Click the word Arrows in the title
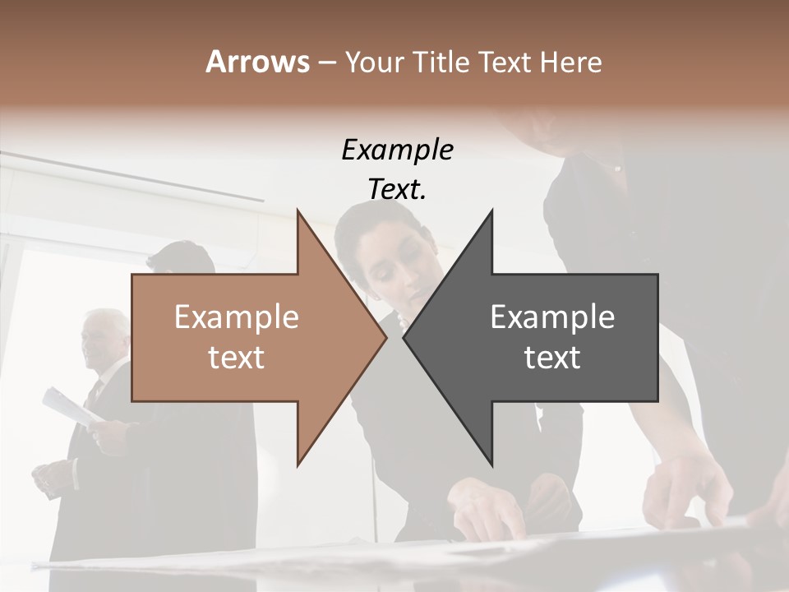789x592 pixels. click(257, 62)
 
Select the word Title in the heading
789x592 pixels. click(441, 62)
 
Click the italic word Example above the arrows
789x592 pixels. click(398, 150)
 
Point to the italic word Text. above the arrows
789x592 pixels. click(398, 189)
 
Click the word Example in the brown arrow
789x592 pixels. click(237, 317)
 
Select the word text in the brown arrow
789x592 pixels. click(237, 358)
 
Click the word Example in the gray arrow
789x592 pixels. click(552, 317)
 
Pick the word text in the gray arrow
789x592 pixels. click(552, 358)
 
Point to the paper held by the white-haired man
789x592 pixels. click(70, 407)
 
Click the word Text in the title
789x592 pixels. click(504, 62)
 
